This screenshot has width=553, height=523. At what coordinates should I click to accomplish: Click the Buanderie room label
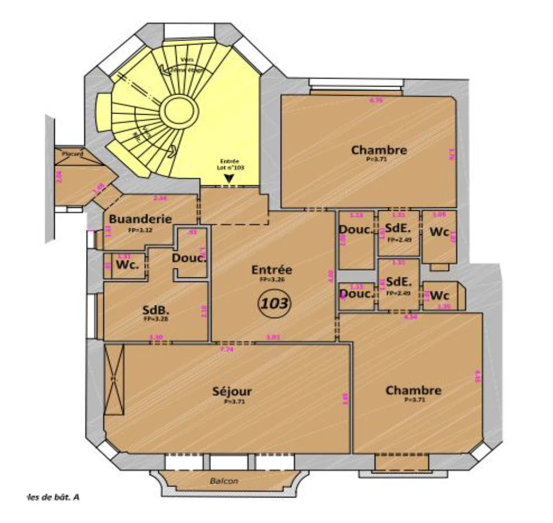coord(140,219)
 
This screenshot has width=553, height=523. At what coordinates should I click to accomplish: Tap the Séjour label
coord(232,392)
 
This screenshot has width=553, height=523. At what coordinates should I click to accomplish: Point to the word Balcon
coord(224,481)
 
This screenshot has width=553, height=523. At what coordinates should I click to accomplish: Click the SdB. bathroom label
coord(156,310)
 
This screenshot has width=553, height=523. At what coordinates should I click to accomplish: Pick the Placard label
coord(72,154)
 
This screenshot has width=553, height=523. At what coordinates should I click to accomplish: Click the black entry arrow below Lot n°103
coord(229,178)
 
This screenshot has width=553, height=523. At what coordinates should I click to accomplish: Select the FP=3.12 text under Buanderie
coord(140,230)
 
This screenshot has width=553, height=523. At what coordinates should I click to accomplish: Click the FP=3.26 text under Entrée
coord(271,280)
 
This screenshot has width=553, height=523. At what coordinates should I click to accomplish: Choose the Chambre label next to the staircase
coord(379,150)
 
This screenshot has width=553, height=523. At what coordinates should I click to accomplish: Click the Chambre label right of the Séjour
coord(413,390)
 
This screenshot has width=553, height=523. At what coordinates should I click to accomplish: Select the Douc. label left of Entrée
coord(189,258)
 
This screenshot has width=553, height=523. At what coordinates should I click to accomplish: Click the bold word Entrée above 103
coord(271,270)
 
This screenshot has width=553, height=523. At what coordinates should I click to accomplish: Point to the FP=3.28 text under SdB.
coord(156,319)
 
